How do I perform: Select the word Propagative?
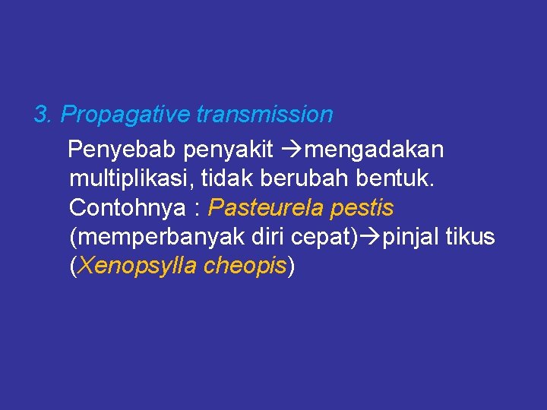point(125,115)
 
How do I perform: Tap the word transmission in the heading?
point(264,115)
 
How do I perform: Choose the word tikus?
point(470,237)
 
